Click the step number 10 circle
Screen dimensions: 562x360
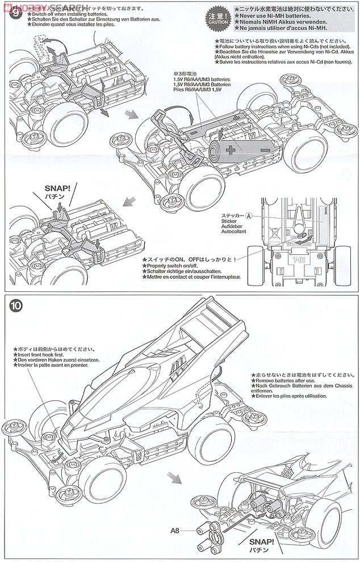(16, 305)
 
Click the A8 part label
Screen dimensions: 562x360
(178, 532)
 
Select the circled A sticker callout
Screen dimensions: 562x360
(249, 216)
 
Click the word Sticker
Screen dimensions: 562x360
(231, 223)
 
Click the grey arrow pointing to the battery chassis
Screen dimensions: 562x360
(131, 114)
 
